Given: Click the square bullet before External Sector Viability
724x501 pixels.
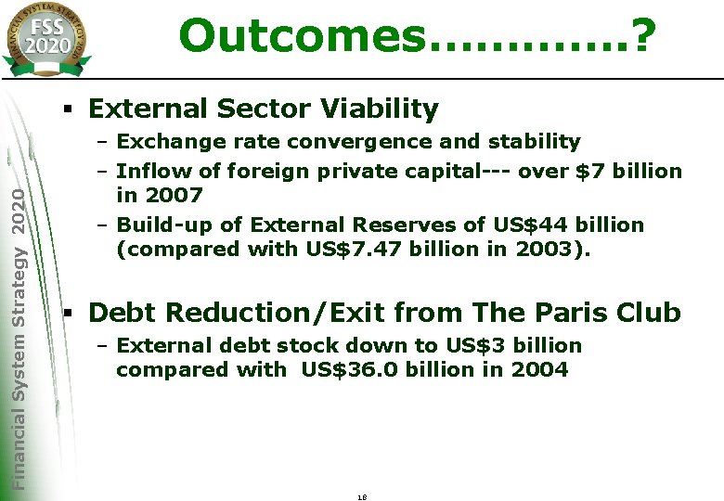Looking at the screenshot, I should (x=69, y=109).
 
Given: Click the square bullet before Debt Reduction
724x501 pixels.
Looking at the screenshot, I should (x=69, y=313).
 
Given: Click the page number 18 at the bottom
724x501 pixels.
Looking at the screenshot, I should (x=362, y=496).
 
